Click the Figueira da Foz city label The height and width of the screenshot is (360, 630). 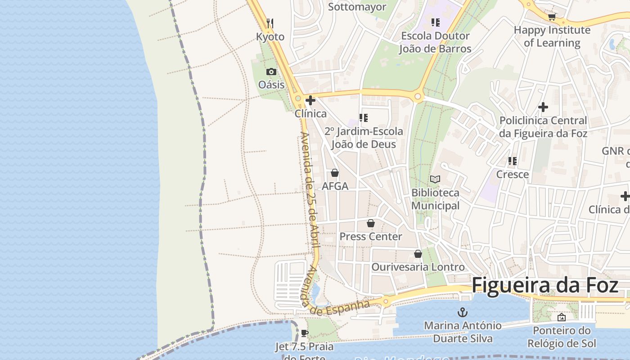pyautogui.click(x=545, y=286)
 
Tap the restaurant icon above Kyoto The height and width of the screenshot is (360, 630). pyautogui.click(x=270, y=22)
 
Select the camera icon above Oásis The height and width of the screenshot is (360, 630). pyautogui.click(x=271, y=72)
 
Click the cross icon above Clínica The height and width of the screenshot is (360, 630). pyautogui.click(x=310, y=100)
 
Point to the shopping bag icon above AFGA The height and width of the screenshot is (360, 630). pyautogui.click(x=335, y=173)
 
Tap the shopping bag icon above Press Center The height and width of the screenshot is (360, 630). pyautogui.click(x=371, y=223)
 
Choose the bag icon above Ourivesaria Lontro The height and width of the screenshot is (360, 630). pyautogui.click(x=418, y=254)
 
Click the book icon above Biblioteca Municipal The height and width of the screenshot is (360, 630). pyautogui.click(x=435, y=179)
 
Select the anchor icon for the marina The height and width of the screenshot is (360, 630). pyautogui.click(x=463, y=312)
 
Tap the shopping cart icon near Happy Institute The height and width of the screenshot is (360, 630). pyautogui.click(x=552, y=17)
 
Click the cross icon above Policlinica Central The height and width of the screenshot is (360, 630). pyautogui.click(x=543, y=107)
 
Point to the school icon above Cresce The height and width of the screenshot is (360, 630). pyautogui.click(x=512, y=161)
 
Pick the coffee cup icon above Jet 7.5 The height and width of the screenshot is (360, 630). pyautogui.click(x=305, y=333)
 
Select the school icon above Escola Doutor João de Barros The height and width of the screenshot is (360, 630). pyautogui.click(x=435, y=22)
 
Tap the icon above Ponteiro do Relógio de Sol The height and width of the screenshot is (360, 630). pyautogui.click(x=561, y=317)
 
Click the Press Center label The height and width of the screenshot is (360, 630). pyautogui.click(x=371, y=236)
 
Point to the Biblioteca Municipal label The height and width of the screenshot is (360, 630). pyautogui.click(x=435, y=199)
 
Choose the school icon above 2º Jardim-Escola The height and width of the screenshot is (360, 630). pyautogui.click(x=364, y=118)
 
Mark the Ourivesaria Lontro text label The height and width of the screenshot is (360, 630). pyautogui.click(x=418, y=267)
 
